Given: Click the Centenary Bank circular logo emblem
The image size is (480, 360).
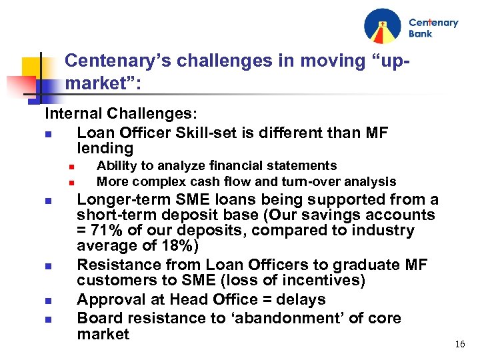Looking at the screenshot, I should point(383,26).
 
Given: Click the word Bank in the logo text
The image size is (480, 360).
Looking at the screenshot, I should point(421,33).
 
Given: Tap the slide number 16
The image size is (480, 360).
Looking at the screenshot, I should point(459,345).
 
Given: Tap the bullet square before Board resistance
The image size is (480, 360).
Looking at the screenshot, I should point(48,319).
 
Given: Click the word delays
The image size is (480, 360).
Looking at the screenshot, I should point(301,300).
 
